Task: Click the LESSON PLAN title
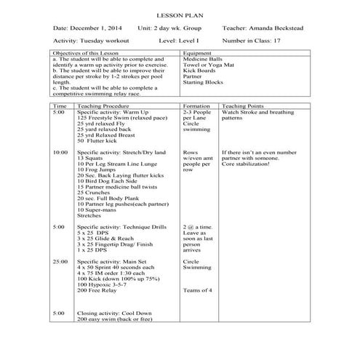[180, 15]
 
